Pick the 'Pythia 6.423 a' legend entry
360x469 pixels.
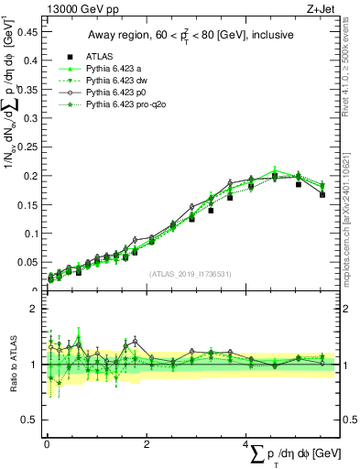[116, 68]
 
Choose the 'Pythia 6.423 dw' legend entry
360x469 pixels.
[119, 81]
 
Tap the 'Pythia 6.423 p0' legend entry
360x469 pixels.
[119, 93]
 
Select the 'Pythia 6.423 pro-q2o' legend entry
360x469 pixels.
[128, 106]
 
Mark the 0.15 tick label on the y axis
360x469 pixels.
[27, 204]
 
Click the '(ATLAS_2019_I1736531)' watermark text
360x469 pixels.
[190, 274]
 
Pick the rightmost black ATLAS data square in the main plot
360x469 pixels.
[322, 194]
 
